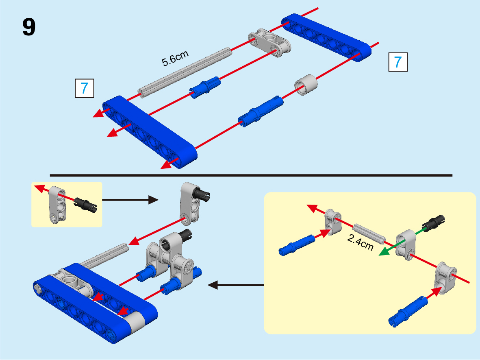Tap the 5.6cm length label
[175, 58]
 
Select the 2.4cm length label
[361, 243]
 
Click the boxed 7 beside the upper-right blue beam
[398, 62]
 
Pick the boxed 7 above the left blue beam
[85, 88]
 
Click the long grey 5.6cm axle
[185, 73]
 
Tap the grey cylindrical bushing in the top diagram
[306, 85]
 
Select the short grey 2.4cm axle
[369, 234]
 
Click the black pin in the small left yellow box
[86, 204]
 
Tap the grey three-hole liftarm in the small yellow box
[57, 205]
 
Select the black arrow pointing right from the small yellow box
[130, 200]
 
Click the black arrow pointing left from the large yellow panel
[236, 285]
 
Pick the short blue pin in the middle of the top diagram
[205, 87]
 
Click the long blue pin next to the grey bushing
[261, 111]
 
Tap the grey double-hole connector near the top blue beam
[269, 43]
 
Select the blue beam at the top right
[326, 37]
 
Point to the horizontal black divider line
[251, 176]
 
